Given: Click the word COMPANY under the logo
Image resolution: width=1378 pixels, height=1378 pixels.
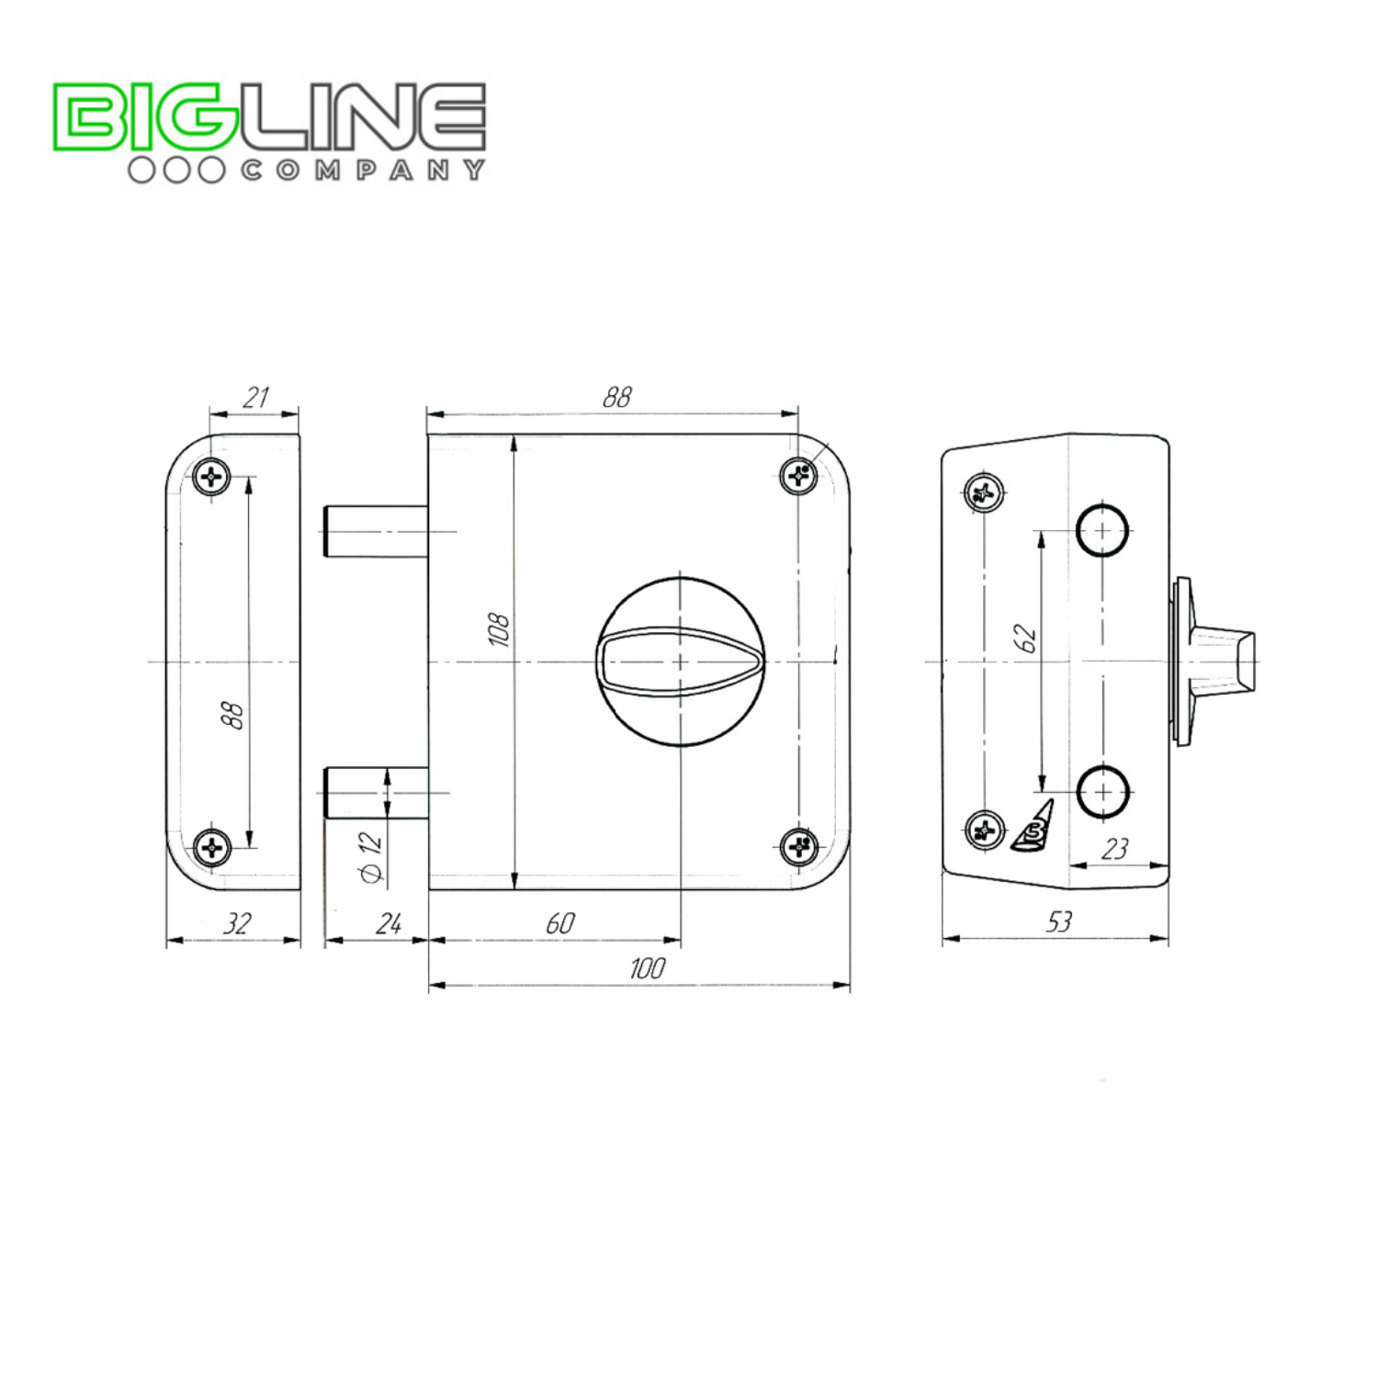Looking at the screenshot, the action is [x=363, y=170].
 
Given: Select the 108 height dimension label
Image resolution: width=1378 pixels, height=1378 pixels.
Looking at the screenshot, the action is [x=499, y=629].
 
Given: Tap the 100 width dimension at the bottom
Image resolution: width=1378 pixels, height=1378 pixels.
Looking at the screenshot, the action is [x=648, y=968].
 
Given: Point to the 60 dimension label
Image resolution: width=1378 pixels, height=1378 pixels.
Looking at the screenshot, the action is [x=559, y=923].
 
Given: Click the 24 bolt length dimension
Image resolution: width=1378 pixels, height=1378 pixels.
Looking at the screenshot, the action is [x=389, y=923].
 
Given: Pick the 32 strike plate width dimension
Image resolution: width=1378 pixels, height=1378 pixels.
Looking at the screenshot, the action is [x=237, y=923].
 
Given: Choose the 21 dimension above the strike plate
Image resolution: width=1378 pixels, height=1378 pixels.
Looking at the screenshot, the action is [x=255, y=398].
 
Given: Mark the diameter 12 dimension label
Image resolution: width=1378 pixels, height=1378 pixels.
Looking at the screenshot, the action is [x=372, y=857].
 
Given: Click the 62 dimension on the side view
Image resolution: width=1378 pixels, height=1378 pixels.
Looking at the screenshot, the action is [x=1026, y=638].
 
